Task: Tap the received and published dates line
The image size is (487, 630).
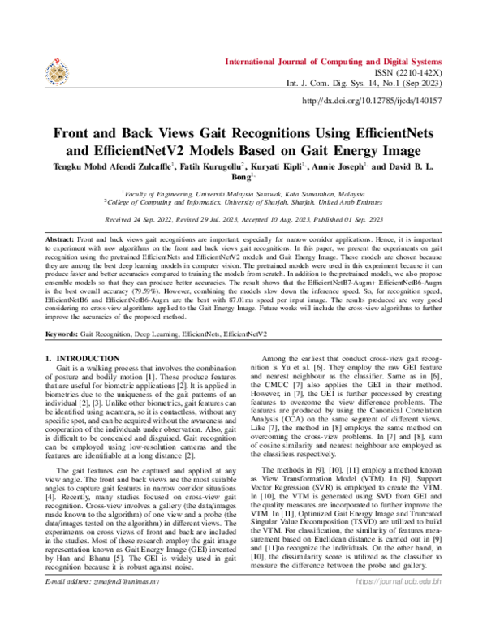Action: point(243,219)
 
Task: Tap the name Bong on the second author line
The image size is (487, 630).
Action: point(242,175)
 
